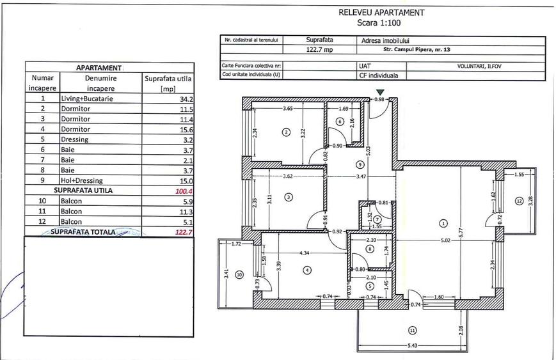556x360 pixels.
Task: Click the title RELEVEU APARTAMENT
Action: pos(381,12)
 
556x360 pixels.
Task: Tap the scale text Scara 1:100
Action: pos(381,22)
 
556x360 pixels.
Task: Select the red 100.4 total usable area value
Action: pos(184,191)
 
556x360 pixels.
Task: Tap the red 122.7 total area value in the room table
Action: pos(184,231)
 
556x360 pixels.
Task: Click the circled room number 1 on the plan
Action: pos(443,223)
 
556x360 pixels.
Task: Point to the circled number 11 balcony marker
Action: pos(411,331)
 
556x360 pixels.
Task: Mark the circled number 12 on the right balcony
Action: pos(519,201)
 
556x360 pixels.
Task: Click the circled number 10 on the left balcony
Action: pos(239,275)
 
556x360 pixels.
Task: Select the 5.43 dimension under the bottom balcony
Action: pos(412,346)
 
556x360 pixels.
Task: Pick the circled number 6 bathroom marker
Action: pos(340,121)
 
